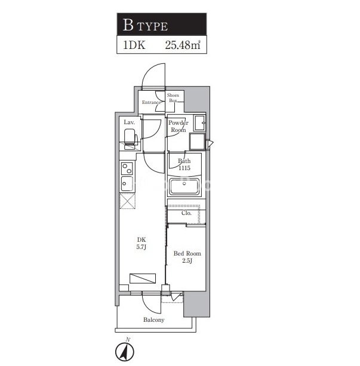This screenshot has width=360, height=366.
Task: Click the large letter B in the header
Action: [x=128, y=25]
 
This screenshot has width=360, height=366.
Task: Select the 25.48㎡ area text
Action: [x=183, y=45]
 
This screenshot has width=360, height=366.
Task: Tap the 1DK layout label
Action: [x=134, y=45]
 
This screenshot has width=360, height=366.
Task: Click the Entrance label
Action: [x=151, y=102]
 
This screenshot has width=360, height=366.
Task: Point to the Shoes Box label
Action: [x=173, y=98]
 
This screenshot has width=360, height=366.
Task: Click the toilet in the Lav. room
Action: [x=130, y=139]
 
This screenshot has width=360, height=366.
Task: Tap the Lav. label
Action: [x=129, y=122]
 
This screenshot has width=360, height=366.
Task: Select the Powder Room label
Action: [x=179, y=127]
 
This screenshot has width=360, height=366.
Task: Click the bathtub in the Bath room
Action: [x=184, y=186]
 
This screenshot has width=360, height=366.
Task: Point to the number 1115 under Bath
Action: [x=184, y=168]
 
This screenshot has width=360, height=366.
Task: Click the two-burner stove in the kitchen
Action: [x=127, y=168]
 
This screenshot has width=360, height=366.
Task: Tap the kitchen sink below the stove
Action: [x=127, y=183]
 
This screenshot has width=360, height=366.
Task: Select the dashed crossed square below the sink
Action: [x=128, y=201]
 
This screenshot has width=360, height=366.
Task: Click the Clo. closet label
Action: [x=186, y=213]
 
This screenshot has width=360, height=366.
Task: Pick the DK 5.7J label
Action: [x=141, y=243]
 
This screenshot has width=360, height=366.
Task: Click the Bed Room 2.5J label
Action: [x=187, y=257]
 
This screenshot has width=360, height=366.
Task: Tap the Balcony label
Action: [x=154, y=319]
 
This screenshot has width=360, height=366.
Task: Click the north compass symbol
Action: [x=125, y=350]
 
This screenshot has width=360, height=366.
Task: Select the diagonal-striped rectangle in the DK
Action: [x=143, y=278]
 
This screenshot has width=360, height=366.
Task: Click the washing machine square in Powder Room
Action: [x=197, y=142]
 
